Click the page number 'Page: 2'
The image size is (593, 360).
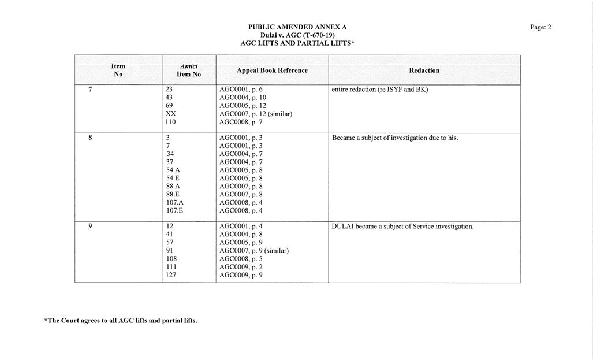click(540, 27)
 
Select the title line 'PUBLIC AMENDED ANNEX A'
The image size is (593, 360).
click(297, 27)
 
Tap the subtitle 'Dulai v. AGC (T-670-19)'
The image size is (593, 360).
click(297, 35)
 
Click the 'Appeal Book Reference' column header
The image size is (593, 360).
click(272, 70)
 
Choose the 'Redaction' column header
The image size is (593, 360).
click(424, 70)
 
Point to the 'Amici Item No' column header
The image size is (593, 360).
click(188, 70)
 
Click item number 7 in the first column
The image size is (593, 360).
click(90, 90)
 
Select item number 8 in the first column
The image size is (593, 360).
click(90, 138)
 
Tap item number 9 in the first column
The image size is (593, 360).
click(90, 227)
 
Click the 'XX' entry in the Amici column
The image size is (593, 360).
click(171, 114)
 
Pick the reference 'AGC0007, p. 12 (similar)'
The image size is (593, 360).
click(255, 114)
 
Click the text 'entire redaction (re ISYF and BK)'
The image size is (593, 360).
click(379, 90)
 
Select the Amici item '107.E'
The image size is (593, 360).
click(175, 211)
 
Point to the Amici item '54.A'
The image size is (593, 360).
click(173, 170)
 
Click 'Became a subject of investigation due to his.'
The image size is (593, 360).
click(395, 138)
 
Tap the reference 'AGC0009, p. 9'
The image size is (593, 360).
click(241, 275)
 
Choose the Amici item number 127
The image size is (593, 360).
click(171, 275)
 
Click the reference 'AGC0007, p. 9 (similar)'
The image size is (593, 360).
click(253, 251)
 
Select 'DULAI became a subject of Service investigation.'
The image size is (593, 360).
click(402, 227)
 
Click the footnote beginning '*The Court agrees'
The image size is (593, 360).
click(121, 321)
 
